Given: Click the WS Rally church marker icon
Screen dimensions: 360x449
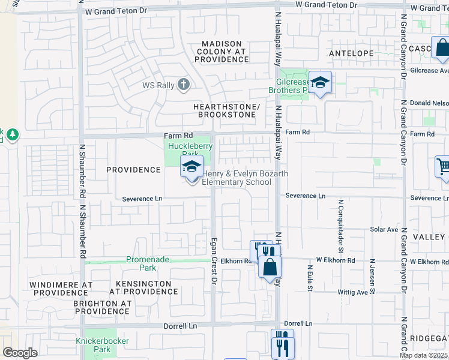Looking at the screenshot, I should [x=184, y=85].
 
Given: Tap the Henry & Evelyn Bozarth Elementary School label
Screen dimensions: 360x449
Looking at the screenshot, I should [x=245, y=178].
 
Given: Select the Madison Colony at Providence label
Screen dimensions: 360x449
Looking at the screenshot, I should [x=222, y=52].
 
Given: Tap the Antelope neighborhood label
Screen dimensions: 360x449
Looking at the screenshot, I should [x=351, y=53].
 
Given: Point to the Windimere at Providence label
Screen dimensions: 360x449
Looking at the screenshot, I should [x=61, y=287].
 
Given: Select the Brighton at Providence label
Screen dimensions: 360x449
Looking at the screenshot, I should [x=102, y=308].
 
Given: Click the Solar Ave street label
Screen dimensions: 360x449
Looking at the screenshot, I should [x=384, y=229].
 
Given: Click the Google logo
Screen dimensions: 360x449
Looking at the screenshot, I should [x=20, y=353].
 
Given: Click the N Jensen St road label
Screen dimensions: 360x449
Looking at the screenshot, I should [x=373, y=277].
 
